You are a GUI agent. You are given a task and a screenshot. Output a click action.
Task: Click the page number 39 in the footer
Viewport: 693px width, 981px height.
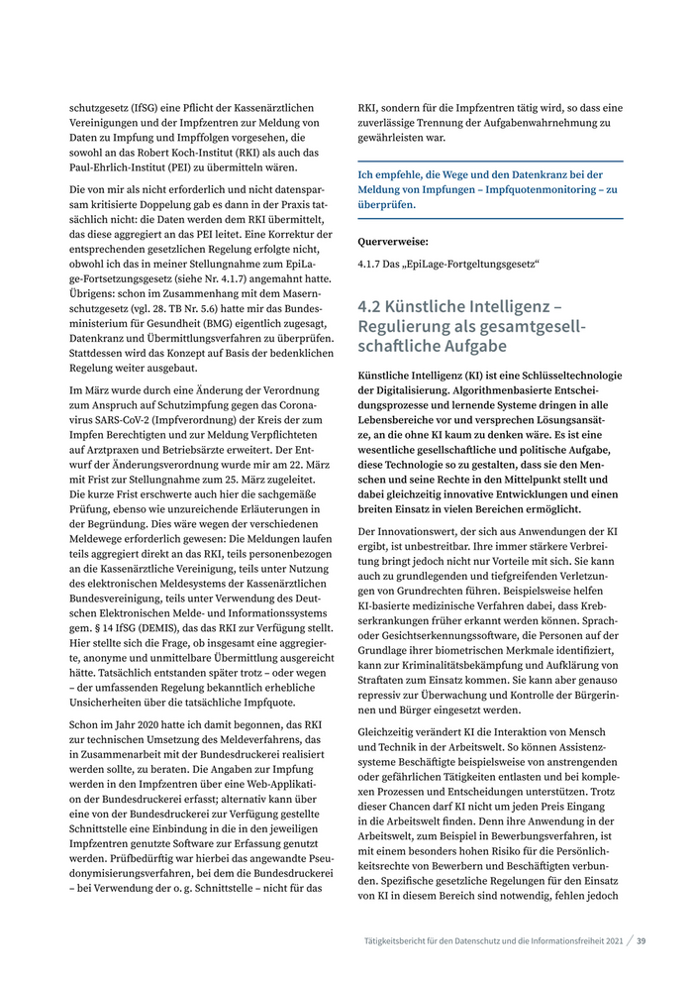coord(642,941)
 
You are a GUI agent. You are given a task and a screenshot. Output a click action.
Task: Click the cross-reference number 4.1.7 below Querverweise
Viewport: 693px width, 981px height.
coord(372,264)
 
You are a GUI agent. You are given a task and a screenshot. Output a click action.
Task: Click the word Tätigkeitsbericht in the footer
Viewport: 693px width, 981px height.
coord(398,941)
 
